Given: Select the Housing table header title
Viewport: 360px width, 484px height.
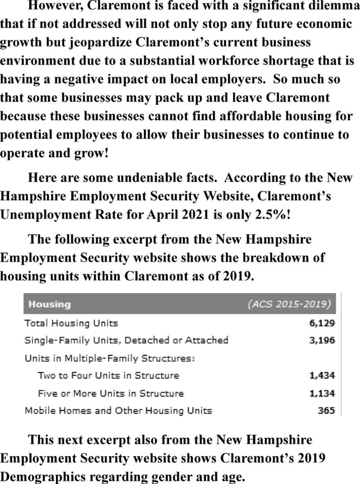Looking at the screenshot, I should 49,304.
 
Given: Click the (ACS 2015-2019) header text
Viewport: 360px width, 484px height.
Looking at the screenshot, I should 289,304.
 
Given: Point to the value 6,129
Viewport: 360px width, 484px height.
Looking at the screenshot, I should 322,323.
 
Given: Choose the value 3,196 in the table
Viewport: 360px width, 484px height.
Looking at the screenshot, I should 322,340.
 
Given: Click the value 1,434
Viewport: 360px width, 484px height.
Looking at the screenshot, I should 322,375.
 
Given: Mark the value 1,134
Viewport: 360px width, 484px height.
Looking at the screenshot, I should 322,393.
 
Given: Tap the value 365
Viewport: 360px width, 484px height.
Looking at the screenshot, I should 326,410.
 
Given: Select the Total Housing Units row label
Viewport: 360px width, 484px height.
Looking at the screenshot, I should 71,323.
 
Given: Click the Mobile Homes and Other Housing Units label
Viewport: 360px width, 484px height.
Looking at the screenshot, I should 118,410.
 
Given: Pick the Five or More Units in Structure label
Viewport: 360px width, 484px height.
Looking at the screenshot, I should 110,393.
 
